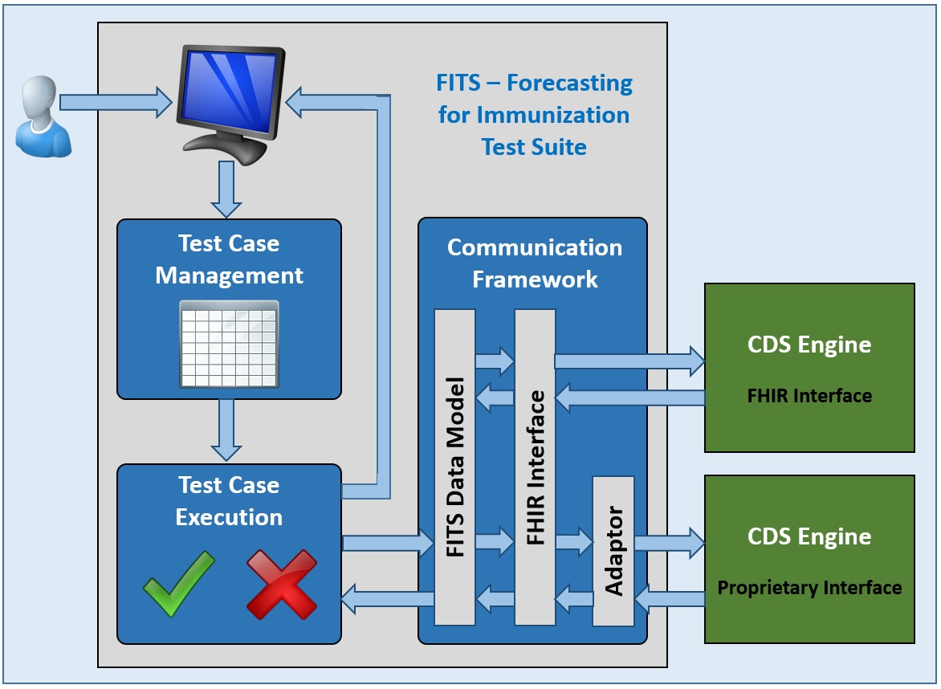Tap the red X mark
pyautogui.click(x=281, y=584)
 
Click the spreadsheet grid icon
pyautogui.click(x=229, y=343)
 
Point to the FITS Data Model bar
pyautogui.click(x=454, y=466)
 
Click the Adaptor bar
pyautogui.click(x=613, y=551)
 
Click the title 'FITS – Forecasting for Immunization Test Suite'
pyautogui.click(x=535, y=115)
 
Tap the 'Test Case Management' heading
pyautogui.click(x=229, y=259)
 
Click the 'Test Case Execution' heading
pyautogui.click(x=229, y=501)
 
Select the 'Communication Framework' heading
pyautogui.click(x=535, y=263)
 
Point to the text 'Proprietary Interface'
pyautogui.click(x=809, y=588)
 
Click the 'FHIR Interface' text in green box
pyautogui.click(x=809, y=395)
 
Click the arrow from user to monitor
pyautogui.click(x=116, y=102)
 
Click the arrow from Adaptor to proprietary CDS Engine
pyautogui.click(x=669, y=544)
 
